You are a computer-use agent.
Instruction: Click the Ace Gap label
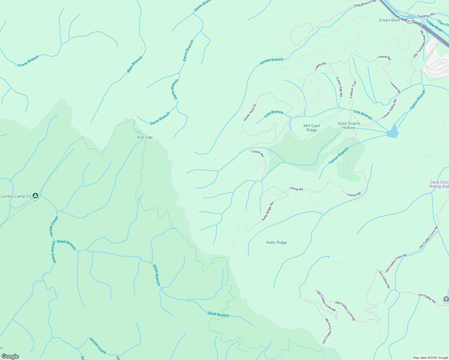point(145,137)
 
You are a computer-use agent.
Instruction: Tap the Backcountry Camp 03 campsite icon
point(35,196)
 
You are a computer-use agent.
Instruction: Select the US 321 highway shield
point(410,21)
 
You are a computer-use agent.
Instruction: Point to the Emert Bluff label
point(390,20)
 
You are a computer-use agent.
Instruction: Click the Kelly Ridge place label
point(277,242)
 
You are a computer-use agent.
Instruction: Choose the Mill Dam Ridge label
point(312,128)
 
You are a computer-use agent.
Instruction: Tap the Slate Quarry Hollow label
point(348,125)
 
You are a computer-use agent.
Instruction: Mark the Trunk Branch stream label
point(28,61)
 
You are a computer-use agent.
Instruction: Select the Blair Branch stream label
point(134,64)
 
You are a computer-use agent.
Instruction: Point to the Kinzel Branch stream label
point(272,61)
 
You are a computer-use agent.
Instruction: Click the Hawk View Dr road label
point(250,112)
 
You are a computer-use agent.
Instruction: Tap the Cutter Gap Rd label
point(339,87)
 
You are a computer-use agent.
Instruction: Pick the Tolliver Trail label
point(353,90)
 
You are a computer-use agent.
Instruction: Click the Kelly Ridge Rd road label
point(268,211)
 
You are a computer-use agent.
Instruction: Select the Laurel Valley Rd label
point(389,109)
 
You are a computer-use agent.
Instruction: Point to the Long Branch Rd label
point(364,4)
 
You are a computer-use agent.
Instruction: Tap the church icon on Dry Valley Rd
point(446,299)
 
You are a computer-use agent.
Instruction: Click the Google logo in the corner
point(10,356)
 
